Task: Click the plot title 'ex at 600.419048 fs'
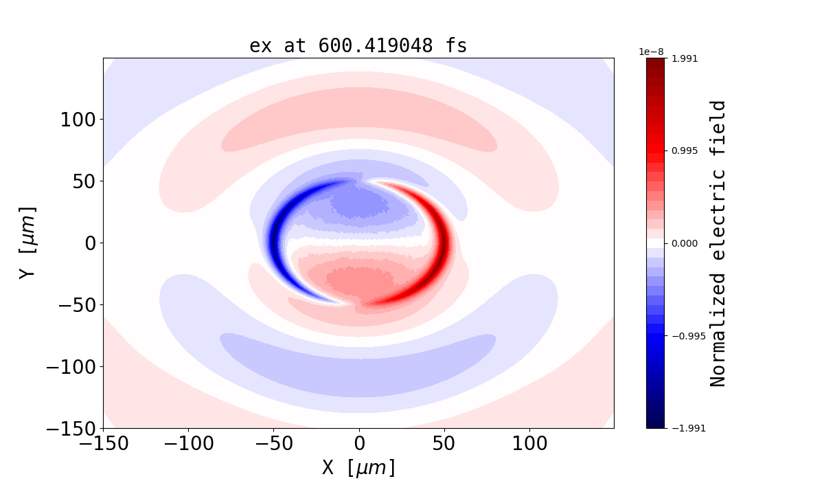[x=358, y=46]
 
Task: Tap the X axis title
[x=358, y=467]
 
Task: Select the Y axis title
[x=27, y=243]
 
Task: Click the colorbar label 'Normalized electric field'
[x=718, y=243]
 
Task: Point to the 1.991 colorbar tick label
[x=685, y=58]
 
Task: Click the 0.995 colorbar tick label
[x=685, y=150]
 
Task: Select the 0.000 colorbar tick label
[x=685, y=243]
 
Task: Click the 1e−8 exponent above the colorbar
[x=651, y=52]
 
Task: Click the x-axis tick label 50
[x=444, y=444]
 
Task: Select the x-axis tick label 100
[x=529, y=444]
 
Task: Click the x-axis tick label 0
[x=358, y=444]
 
